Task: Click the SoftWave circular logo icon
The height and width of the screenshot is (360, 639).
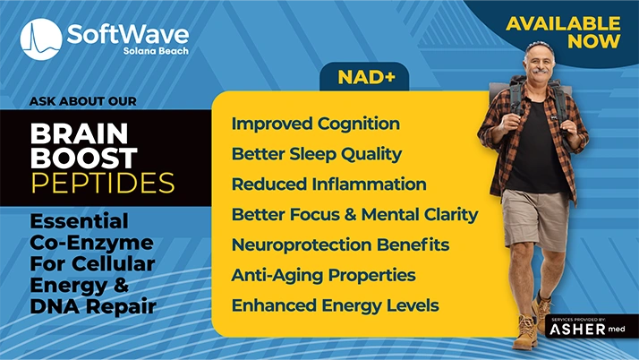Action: (x=41, y=39)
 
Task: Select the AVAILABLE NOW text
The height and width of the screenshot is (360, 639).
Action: (x=563, y=32)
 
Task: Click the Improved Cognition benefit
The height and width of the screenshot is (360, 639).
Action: (x=315, y=124)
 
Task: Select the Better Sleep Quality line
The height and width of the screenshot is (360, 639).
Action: (x=316, y=154)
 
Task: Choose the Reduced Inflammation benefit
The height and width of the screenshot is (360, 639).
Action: (x=328, y=184)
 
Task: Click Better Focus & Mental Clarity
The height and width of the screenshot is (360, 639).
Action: (x=354, y=215)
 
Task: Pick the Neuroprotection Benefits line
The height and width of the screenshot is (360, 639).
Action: (x=340, y=244)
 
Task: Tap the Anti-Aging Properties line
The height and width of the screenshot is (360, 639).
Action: (x=323, y=275)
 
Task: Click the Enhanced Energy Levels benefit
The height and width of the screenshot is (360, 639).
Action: (x=335, y=305)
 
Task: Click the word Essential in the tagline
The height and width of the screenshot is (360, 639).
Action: (x=79, y=220)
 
